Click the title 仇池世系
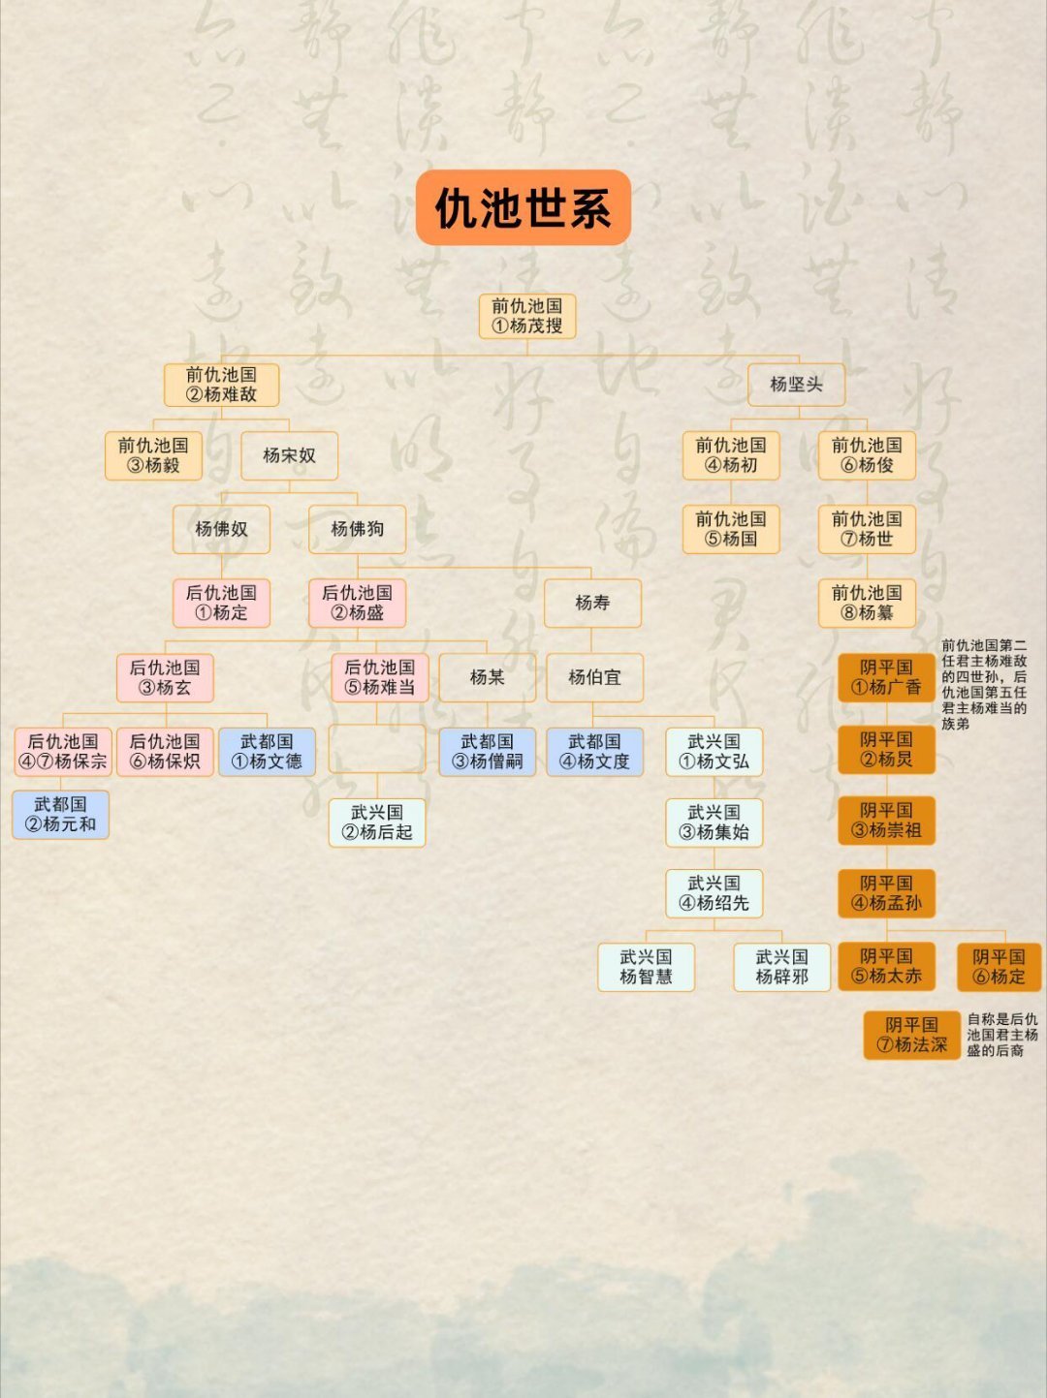pos(523,207)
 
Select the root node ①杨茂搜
pos(527,317)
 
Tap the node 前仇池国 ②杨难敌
pos(221,385)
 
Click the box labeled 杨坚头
pos(796,385)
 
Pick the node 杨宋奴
pos(289,455)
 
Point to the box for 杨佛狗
pos(357,529)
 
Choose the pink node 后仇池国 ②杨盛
pos(357,603)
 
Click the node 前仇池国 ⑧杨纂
pos(867,603)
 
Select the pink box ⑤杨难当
pos(379,677)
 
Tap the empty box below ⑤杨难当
pos(377,749)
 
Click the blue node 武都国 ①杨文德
pos(267,752)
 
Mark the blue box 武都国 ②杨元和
pos(60,814)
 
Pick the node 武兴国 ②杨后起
pos(376,823)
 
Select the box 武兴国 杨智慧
pos(646,967)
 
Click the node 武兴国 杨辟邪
pos(781,967)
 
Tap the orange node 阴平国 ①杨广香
pos(886,677)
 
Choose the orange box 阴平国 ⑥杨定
pos(999,967)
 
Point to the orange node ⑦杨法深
pos(911,1035)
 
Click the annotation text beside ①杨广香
pos(984,684)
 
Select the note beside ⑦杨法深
pos(1002,1035)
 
